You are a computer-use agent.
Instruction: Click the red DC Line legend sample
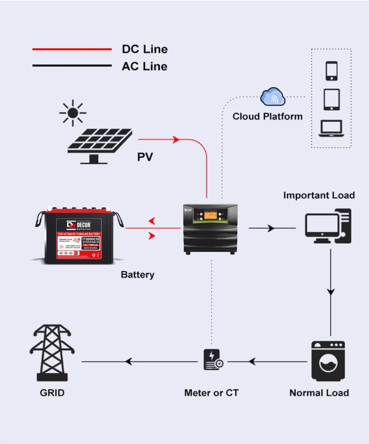72,49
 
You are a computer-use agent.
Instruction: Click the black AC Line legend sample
72,66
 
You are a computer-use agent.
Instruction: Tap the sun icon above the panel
73,112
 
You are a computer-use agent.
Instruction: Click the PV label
145,157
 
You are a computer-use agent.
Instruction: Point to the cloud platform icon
272,98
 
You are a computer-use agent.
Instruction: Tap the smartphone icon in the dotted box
332,71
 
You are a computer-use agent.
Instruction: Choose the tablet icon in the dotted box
332,99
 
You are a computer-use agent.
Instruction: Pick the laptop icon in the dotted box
331,128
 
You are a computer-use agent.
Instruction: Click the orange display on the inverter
211,215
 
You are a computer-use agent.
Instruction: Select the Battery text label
137,275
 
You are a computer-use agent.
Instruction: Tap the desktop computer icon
328,227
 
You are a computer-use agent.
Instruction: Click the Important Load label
319,195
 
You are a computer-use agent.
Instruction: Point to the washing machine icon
328,362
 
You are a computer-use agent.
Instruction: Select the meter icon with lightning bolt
213,360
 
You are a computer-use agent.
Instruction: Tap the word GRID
52,393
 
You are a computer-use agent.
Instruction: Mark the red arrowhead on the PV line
175,139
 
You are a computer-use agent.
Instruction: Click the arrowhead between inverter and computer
271,228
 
